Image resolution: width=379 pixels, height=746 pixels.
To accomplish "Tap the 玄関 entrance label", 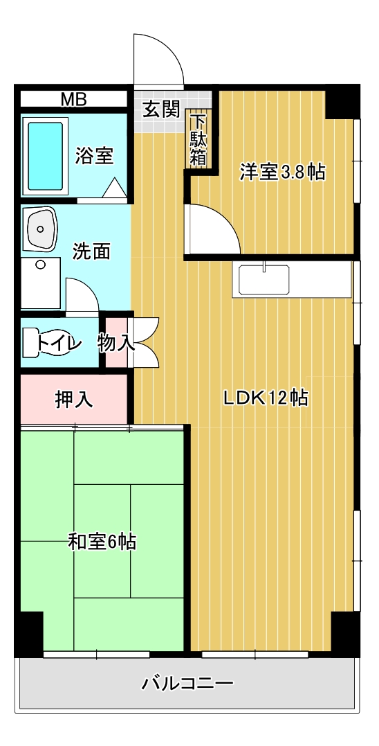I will [x=162, y=109].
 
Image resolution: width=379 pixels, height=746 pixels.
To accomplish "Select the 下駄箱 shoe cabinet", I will [x=198, y=139].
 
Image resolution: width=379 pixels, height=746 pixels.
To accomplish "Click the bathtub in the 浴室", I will [x=46, y=155].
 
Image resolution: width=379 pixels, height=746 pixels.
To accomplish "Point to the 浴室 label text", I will [x=94, y=156].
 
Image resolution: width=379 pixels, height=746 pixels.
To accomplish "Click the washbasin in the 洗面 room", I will [x=41, y=229].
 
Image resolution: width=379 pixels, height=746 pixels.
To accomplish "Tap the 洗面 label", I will [x=91, y=251].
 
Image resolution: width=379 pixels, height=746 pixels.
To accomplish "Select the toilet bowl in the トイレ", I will [x=48, y=342].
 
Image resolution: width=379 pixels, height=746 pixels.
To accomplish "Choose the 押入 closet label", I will [x=74, y=399].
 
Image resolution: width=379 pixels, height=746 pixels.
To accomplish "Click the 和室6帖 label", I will [x=102, y=541].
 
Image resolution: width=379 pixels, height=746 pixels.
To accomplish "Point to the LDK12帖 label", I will [x=265, y=398].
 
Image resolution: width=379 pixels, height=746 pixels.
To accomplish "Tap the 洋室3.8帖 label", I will [x=282, y=172].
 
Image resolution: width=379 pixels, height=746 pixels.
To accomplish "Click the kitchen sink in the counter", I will [x=264, y=281].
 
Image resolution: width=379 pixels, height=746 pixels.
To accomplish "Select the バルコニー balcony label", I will [x=187, y=684].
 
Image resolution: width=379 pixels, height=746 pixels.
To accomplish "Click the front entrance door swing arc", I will [x=159, y=59].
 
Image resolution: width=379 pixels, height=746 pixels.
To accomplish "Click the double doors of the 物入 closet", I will [x=146, y=342].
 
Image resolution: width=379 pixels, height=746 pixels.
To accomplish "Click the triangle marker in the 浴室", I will [x=114, y=187].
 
